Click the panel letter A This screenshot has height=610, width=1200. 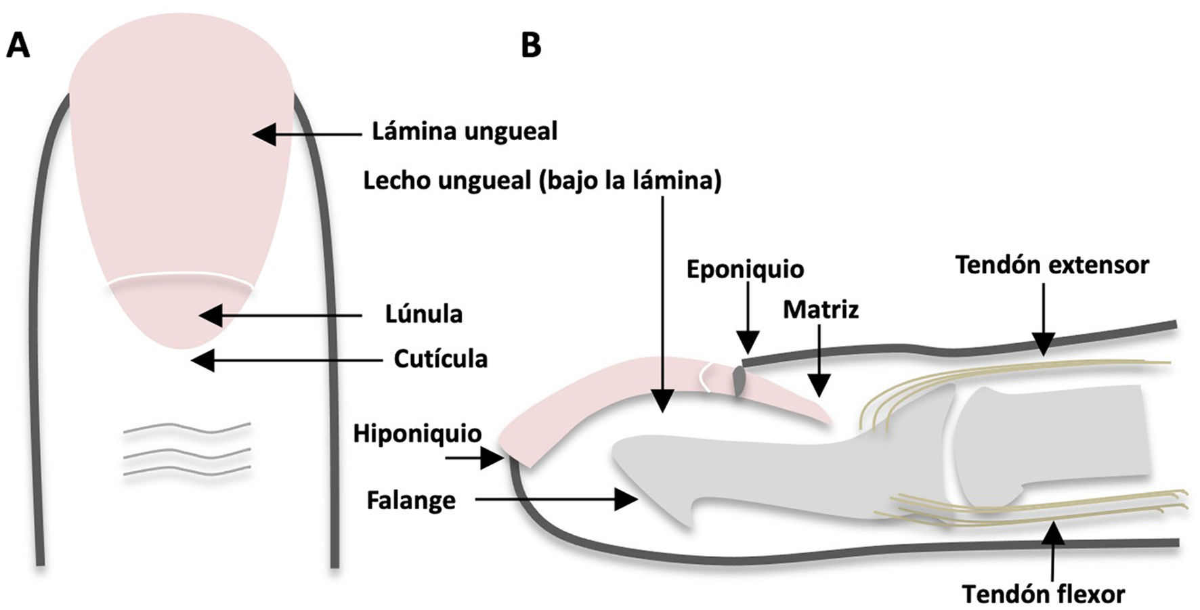click(x=18, y=47)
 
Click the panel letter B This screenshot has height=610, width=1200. click(x=532, y=45)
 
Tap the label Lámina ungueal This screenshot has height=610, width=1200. click(x=465, y=131)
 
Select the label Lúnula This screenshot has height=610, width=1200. click(x=424, y=314)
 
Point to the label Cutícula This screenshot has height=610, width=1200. click(x=441, y=359)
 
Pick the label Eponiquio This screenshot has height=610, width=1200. click(x=745, y=269)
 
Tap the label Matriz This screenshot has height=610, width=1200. click(x=821, y=310)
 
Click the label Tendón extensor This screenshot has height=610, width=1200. click(x=1052, y=265)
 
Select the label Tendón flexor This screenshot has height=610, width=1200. click(x=1043, y=594)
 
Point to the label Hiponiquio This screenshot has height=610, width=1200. click(x=417, y=433)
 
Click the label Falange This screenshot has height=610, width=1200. click(x=411, y=501)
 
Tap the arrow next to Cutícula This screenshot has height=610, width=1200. click(x=284, y=360)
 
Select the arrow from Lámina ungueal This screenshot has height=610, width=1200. click(x=308, y=134)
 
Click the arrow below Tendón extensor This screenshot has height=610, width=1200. click(x=1044, y=318)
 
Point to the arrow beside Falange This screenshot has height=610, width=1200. click(x=555, y=500)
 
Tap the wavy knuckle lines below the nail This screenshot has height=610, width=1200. click(x=187, y=450)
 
